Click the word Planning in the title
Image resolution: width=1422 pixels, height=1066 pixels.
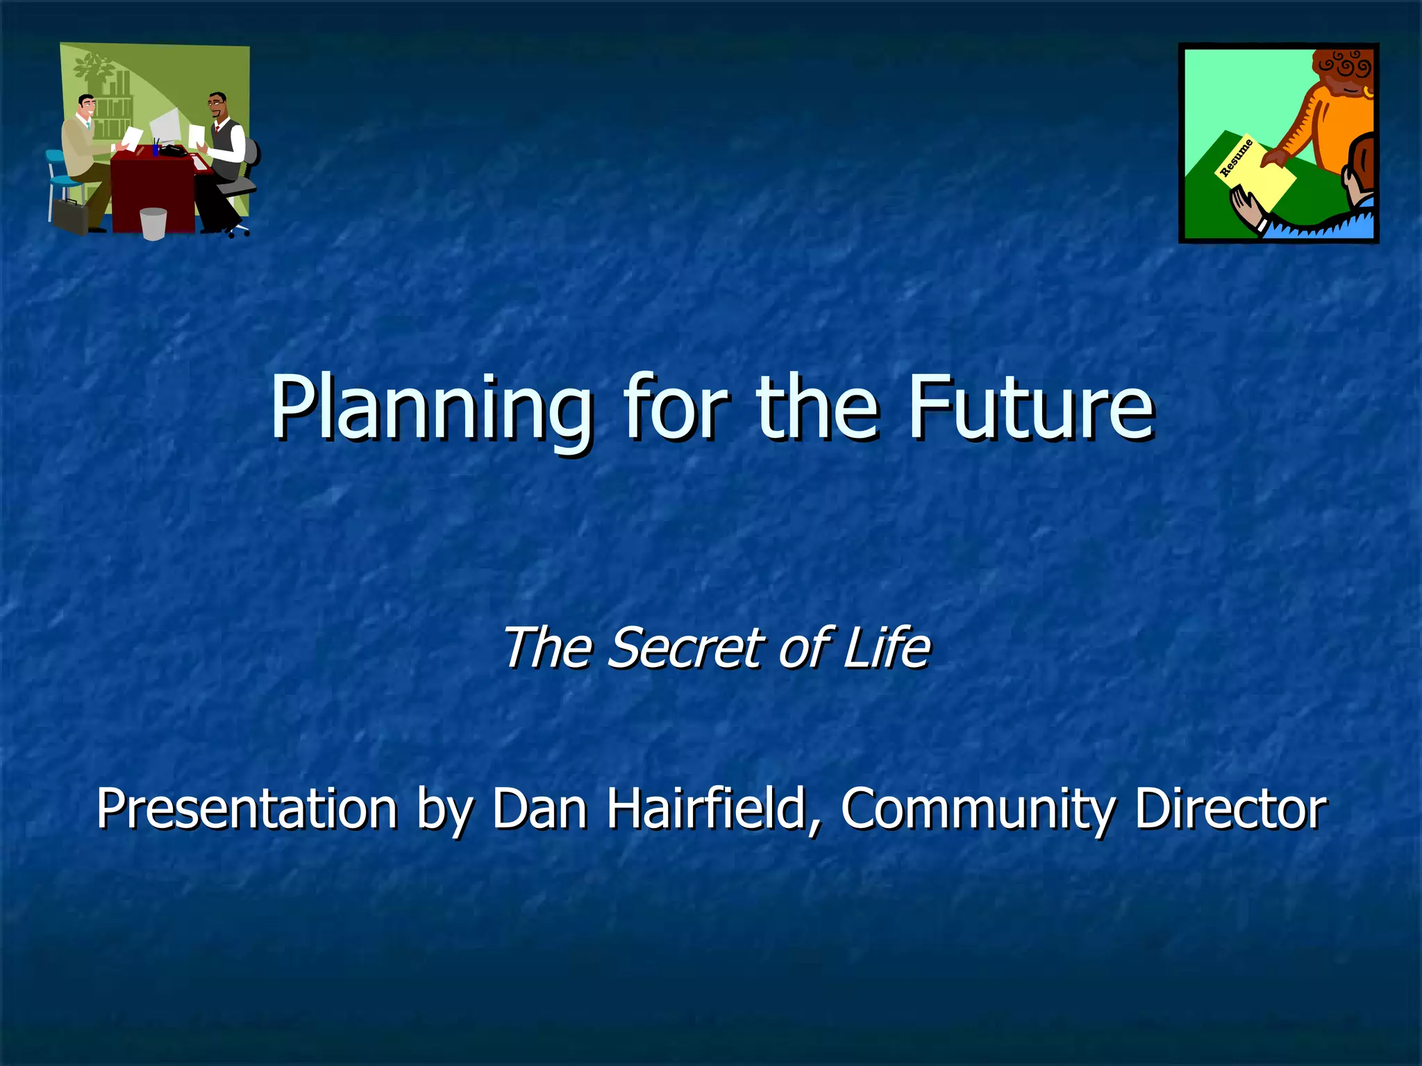coord(430,409)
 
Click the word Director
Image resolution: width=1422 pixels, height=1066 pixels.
coord(1230,808)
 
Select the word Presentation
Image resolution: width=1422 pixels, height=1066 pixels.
coord(246,808)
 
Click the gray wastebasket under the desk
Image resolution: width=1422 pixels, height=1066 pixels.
coord(153,223)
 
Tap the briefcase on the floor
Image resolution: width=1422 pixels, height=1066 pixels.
coord(70,217)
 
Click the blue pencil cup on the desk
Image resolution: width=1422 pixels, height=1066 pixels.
coord(156,150)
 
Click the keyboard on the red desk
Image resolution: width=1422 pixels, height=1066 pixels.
coord(199,163)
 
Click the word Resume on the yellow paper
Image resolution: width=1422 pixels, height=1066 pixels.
coord(1237,158)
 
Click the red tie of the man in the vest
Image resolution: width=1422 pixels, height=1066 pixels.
coord(217,128)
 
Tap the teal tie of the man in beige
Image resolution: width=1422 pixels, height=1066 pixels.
coord(88,125)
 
